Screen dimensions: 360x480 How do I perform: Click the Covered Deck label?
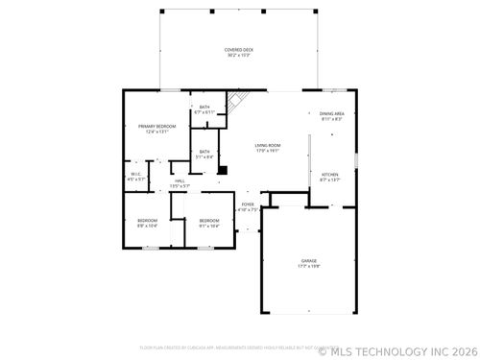(239, 49)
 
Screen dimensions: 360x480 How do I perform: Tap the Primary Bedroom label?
(157, 126)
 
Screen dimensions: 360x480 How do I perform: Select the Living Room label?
(268, 144)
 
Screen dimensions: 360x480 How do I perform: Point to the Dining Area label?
(331, 113)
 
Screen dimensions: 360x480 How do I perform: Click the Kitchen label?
(330, 174)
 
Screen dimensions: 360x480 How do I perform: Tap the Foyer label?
(248, 204)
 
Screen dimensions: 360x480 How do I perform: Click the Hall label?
(180, 180)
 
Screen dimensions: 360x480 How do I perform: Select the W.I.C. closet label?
(136, 174)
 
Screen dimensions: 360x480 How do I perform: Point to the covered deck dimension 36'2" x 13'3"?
(239, 55)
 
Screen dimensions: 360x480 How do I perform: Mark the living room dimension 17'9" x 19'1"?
(268, 150)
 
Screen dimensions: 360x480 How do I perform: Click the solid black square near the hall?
(223, 171)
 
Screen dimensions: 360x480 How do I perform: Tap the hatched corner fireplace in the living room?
(237, 102)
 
